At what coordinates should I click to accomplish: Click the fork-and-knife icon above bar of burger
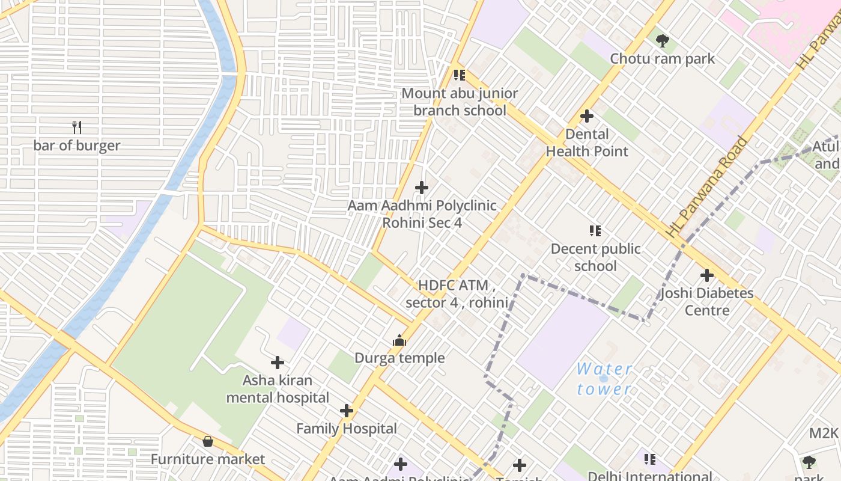coord(77,127)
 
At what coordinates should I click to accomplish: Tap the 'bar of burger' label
coord(77,146)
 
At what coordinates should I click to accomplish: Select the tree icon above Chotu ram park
coord(663,41)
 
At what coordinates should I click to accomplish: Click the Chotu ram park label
coord(663,59)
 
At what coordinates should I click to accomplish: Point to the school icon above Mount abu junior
coord(460,75)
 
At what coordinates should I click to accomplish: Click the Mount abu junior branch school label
coord(460,102)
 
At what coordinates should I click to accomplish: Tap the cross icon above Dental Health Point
coord(587,116)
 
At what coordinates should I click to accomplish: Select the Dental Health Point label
coord(587,142)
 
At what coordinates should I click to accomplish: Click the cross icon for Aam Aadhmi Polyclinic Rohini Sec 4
coord(422,188)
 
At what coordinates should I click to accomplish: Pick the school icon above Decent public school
coord(595,231)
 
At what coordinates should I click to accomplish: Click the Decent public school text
coord(595,257)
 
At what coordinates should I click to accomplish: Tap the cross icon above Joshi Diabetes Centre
coord(707,275)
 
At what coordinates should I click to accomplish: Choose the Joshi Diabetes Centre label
coord(707,302)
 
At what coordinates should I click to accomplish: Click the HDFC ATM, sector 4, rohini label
coord(457,293)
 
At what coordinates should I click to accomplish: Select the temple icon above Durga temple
coord(399,341)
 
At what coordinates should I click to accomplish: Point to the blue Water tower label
coord(604,379)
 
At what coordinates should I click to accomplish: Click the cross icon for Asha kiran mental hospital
coord(278,363)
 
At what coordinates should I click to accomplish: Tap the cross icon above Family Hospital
coord(347,411)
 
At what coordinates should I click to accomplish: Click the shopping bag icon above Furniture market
coord(208,442)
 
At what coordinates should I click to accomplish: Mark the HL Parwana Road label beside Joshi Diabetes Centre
coord(709,186)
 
